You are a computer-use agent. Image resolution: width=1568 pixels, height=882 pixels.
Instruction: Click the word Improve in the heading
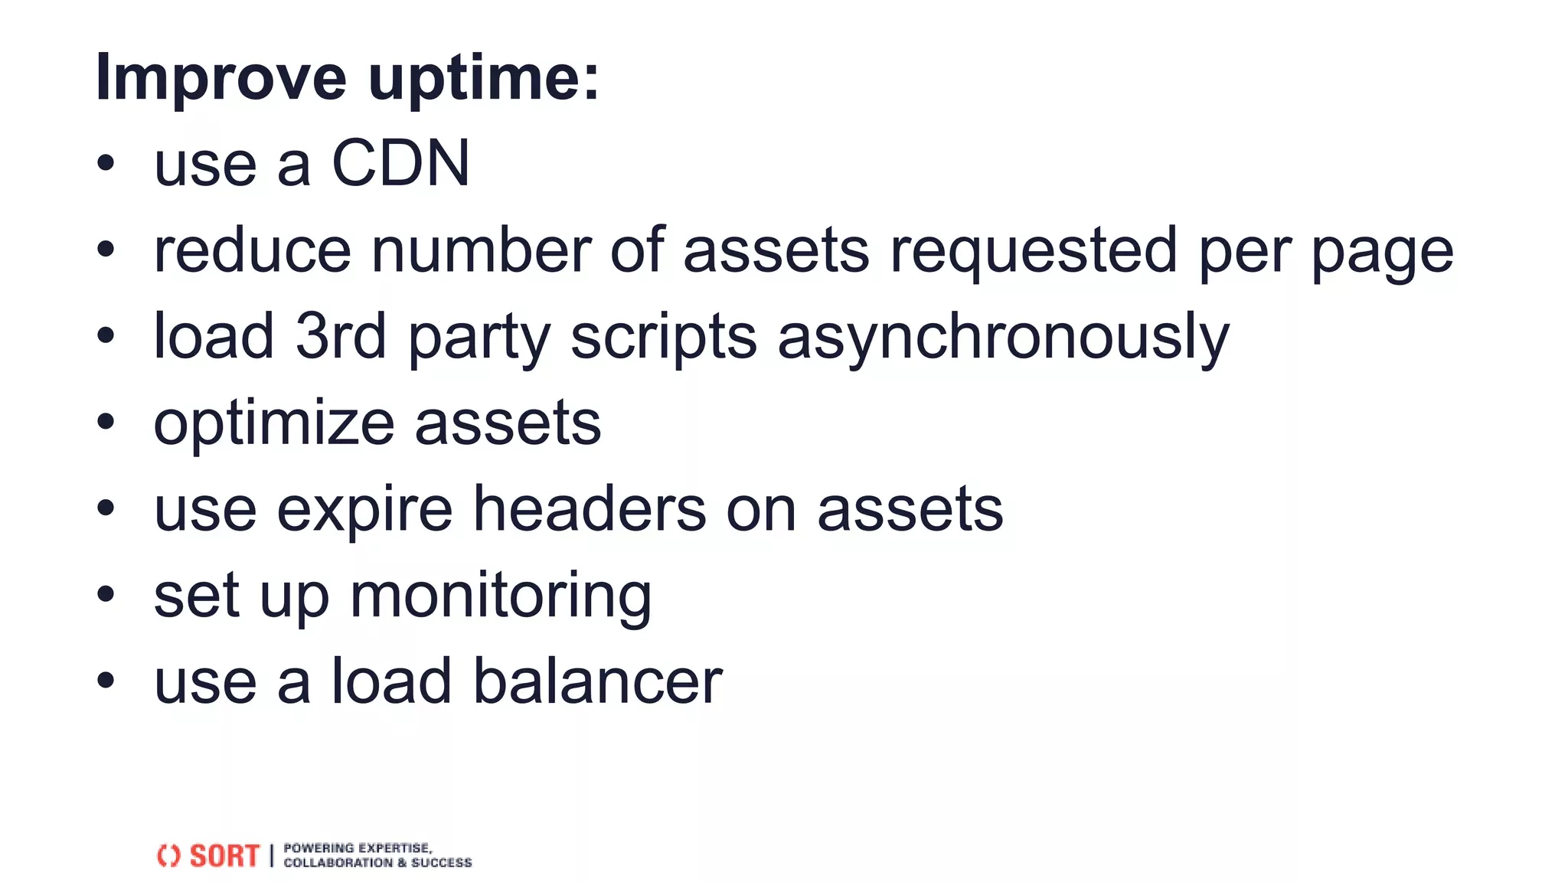(x=220, y=78)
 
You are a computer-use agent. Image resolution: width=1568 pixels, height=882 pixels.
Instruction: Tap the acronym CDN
(x=400, y=164)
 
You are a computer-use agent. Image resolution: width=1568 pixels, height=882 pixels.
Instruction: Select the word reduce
(x=252, y=250)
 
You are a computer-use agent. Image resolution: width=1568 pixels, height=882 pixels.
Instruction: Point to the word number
(x=481, y=250)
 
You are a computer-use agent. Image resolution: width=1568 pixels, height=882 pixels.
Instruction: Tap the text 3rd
(x=341, y=336)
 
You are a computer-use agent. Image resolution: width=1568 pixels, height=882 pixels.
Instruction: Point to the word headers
(x=590, y=509)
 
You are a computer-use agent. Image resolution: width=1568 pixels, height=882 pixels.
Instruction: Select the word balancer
(x=597, y=681)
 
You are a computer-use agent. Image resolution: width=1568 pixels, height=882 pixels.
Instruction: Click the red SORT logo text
(x=224, y=856)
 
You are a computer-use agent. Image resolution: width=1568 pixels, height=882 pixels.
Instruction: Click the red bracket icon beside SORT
(x=168, y=856)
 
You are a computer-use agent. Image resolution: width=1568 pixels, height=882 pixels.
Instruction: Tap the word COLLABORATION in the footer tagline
(x=338, y=863)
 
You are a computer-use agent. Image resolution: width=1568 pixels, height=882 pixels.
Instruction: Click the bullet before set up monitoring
(x=106, y=593)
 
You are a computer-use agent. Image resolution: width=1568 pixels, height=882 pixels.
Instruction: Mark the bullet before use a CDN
(x=106, y=162)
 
